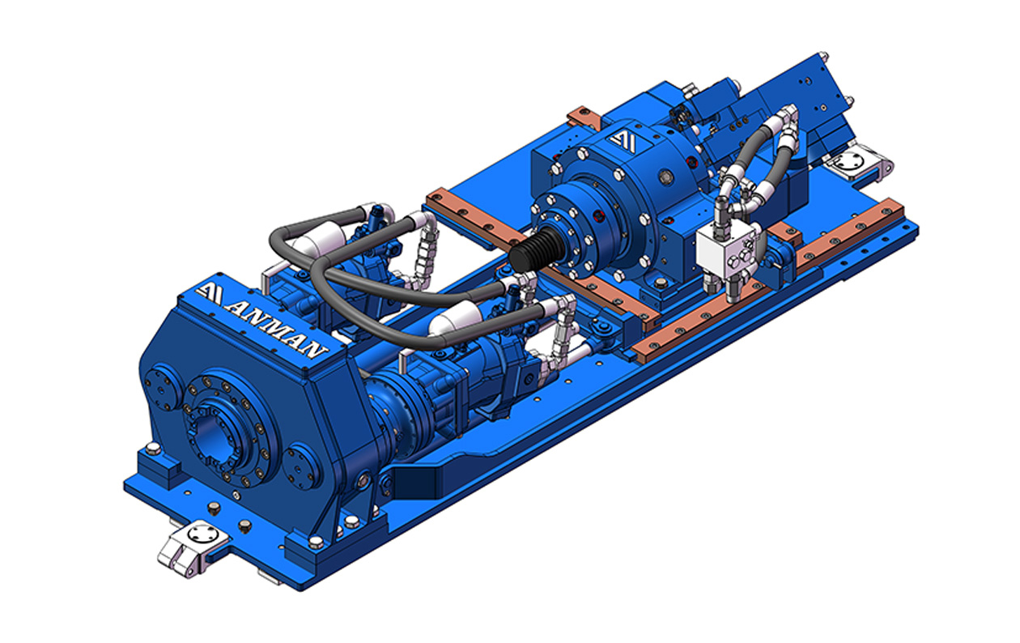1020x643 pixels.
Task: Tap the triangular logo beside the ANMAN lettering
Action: point(209,294)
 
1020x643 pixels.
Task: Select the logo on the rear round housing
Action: point(623,140)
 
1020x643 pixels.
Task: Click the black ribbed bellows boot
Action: point(534,249)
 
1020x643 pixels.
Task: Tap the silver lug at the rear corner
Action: point(856,163)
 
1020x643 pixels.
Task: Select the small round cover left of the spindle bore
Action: point(159,390)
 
